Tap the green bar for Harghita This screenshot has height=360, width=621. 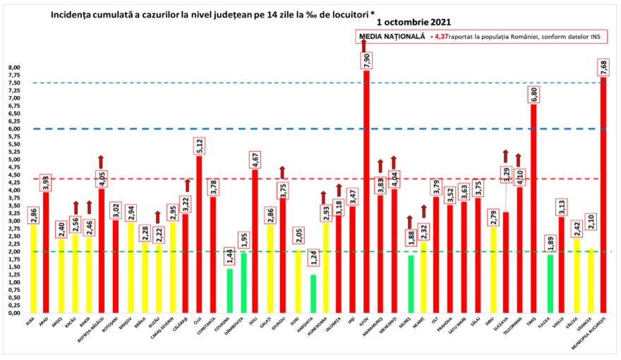pyautogui.click(x=313, y=294)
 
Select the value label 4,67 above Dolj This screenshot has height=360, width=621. pyautogui.click(x=255, y=158)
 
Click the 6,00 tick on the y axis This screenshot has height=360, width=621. pyautogui.click(x=15, y=129)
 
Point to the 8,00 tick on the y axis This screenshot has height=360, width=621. pyautogui.click(x=15, y=68)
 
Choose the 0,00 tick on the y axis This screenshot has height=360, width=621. pyautogui.click(x=15, y=313)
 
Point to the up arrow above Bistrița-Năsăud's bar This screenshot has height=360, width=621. pyautogui.click(x=101, y=161)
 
